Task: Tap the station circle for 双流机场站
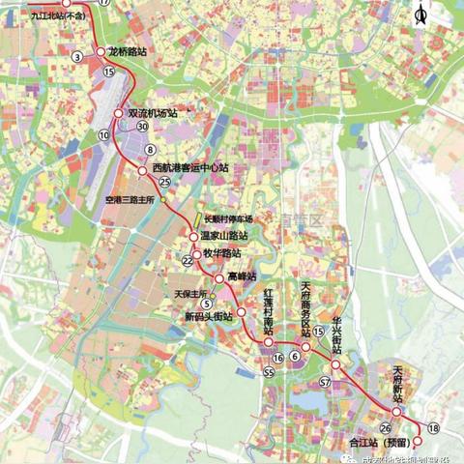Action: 118,113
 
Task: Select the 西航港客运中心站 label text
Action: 189,168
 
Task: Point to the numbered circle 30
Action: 142,127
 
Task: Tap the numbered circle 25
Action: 165,182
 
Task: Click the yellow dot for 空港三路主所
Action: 164,204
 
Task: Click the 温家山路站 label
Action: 225,235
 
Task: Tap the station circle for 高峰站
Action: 219,277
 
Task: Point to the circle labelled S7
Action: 326,383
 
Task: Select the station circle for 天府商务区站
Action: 305,345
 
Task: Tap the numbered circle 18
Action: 432,427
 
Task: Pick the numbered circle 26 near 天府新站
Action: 386,427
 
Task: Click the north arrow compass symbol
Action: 420,14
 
